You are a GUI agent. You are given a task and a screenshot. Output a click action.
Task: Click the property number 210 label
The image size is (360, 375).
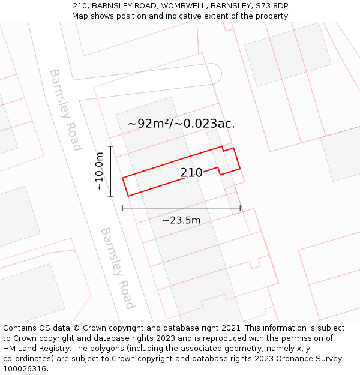[191, 173]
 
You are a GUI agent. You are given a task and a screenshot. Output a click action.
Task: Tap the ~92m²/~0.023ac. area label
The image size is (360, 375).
[181, 124]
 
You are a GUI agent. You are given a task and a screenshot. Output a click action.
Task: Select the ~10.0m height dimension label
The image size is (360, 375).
[100, 171]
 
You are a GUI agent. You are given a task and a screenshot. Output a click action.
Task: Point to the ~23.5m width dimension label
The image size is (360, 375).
[181, 220]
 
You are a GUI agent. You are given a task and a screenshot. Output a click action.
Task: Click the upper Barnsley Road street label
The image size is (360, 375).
[65, 110]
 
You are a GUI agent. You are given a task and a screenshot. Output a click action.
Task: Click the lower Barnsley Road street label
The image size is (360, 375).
[117, 268]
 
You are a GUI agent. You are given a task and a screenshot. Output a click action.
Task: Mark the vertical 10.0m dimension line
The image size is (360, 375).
[111, 171]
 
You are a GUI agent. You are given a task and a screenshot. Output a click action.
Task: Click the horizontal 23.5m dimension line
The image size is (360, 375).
[181, 208]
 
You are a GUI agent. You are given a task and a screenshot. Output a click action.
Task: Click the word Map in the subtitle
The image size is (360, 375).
[81, 16]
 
